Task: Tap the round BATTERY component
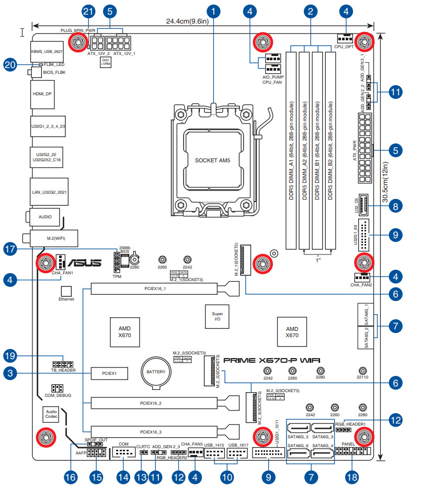155,372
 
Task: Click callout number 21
88,11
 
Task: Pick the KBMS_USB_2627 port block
46,51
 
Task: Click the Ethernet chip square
66,290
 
